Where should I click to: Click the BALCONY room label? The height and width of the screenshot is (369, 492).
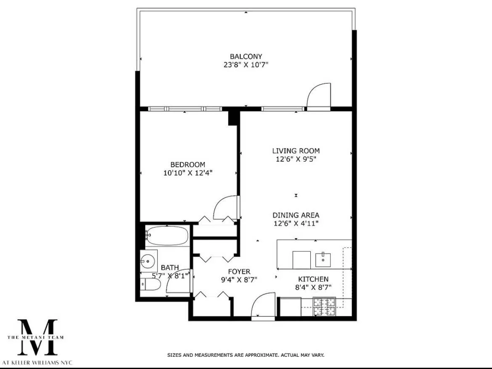(x=246, y=56)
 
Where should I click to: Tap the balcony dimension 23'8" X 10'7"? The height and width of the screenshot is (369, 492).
(x=246, y=65)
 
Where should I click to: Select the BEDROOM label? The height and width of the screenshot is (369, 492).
(x=188, y=165)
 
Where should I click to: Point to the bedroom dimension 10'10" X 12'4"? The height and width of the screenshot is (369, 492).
(x=188, y=173)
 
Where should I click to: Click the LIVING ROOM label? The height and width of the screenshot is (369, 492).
(x=296, y=151)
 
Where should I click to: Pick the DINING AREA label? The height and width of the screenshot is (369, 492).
(x=296, y=215)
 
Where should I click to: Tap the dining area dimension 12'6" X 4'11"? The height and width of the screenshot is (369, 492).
(x=296, y=223)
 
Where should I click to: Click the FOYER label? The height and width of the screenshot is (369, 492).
(x=239, y=271)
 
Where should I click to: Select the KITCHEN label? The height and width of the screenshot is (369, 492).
(x=313, y=279)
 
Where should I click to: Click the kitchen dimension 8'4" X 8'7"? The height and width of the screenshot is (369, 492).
(x=313, y=287)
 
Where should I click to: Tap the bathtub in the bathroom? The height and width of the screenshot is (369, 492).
(x=167, y=236)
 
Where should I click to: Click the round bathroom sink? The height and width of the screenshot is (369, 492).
(x=148, y=261)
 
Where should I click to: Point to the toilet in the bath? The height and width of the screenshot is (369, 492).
(x=151, y=286)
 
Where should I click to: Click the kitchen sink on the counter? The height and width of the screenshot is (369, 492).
(x=323, y=260)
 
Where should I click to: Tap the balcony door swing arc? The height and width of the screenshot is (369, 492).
(x=318, y=96)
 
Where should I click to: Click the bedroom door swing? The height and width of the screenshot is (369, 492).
(x=226, y=208)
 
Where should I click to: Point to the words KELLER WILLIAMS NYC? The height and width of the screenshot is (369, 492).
(x=42, y=362)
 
